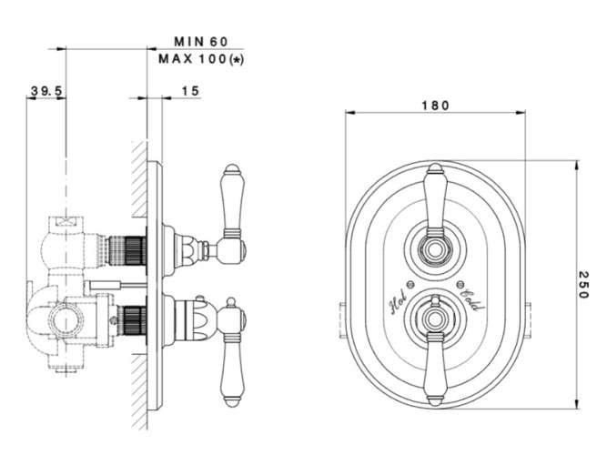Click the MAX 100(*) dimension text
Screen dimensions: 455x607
pyautogui.click(x=204, y=59)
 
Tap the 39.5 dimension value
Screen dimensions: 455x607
pyautogui.click(x=46, y=91)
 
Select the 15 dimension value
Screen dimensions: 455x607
pyautogui.click(x=190, y=91)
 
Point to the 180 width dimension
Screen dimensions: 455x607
pyautogui.click(x=435, y=106)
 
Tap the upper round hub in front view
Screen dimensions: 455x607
pyautogui.click(x=435, y=246)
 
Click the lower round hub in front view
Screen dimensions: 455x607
pyautogui.click(x=435, y=318)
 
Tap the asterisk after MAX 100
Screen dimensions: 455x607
pyautogui.click(x=238, y=59)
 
